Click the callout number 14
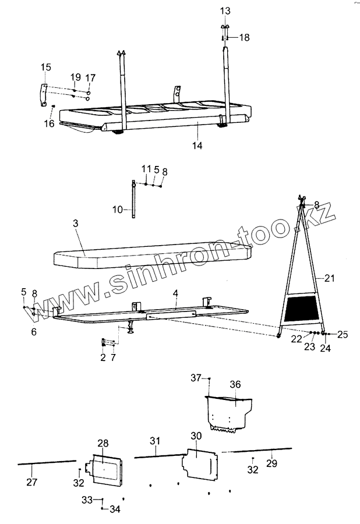[198, 146]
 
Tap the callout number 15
[46, 68]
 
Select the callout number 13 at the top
[225, 11]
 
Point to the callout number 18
[244, 37]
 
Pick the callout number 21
[330, 279]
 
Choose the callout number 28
[103, 444]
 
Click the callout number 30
[196, 436]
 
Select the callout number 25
[343, 334]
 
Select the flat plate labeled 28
[105, 467]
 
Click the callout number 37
[196, 378]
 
